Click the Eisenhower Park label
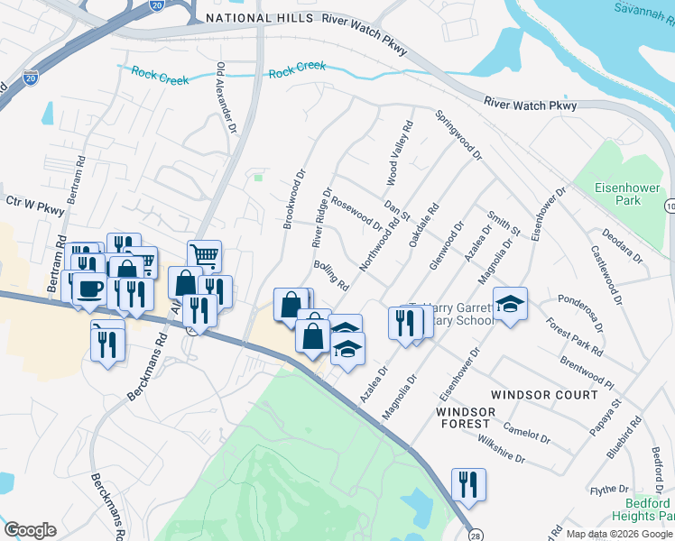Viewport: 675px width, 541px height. [x=628, y=194]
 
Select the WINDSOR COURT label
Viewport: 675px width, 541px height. [x=543, y=395]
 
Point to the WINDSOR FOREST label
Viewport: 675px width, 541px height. [x=466, y=418]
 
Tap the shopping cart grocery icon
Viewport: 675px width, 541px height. [x=205, y=256]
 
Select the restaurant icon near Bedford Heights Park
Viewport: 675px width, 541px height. [x=468, y=484]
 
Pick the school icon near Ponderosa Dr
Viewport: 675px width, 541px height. [x=510, y=304]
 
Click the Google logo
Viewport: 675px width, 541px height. [x=30, y=529]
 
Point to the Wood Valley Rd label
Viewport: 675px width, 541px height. [x=399, y=153]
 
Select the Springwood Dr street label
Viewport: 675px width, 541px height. [x=458, y=136]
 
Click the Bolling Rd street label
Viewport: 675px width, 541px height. [x=331, y=276]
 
